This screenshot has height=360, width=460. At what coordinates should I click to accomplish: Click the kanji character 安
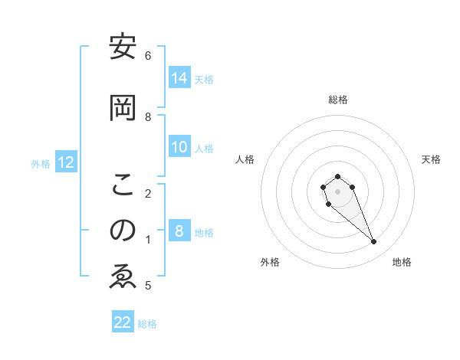pyautogui.click(x=123, y=47)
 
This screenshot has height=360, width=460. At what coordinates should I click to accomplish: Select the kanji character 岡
pyautogui.click(x=123, y=108)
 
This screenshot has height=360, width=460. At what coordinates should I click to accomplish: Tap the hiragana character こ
pyautogui.click(x=123, y=185)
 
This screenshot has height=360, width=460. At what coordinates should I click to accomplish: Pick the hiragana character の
pyautogui.click(x=123, y=231)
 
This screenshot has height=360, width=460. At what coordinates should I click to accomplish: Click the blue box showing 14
pyautogui.click(x=179, y=78)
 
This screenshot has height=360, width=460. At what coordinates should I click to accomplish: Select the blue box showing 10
pyautogui.click(x=179, y=147)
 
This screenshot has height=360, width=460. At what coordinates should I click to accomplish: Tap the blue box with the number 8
pyautogui.click(x=179, y=231)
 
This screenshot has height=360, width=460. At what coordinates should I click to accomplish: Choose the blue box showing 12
pyautogui.click(x=66, y=162)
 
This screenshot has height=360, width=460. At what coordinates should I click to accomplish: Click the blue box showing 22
pyautogui.click(x=123, y=322)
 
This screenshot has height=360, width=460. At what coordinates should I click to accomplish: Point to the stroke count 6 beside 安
pyautogui.click(x=148, y=55)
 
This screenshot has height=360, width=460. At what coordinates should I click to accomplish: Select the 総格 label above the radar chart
pyautogui.click(x=338, y=100)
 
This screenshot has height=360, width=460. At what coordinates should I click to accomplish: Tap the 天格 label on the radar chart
pyautogui.click(x=431, y=159)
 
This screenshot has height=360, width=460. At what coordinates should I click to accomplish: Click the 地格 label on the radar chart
pyautogui.click(x=402, y=262)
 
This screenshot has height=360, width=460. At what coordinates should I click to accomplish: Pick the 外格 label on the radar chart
pyautogui.click(x=270, y=262)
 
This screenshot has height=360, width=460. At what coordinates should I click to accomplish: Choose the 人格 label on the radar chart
pyautogui.click(x=245, y=159)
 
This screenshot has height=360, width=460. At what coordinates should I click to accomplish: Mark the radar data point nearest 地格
pyautogui.click(x=373, y=242)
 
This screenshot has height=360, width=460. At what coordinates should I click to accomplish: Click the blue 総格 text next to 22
pyautogui.click(x=147, y=323)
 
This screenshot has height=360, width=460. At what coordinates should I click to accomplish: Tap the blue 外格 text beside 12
pyautogui.click(x=41, y=163)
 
